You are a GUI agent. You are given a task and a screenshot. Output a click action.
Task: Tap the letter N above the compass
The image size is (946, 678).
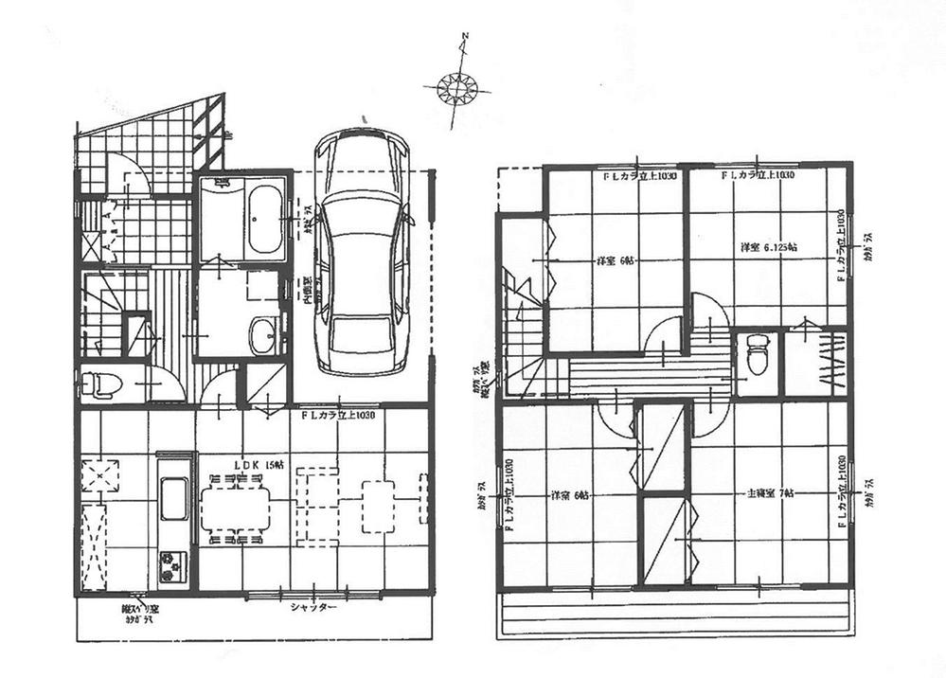[465, 39]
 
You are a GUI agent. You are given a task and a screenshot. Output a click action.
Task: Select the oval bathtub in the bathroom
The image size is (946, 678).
[264, 219]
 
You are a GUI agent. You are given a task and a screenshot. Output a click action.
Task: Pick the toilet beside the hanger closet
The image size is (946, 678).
[757, 357]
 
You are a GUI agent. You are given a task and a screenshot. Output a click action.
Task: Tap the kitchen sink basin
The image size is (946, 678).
[173, 499]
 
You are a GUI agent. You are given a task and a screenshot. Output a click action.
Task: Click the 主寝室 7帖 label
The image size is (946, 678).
[759, 494]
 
